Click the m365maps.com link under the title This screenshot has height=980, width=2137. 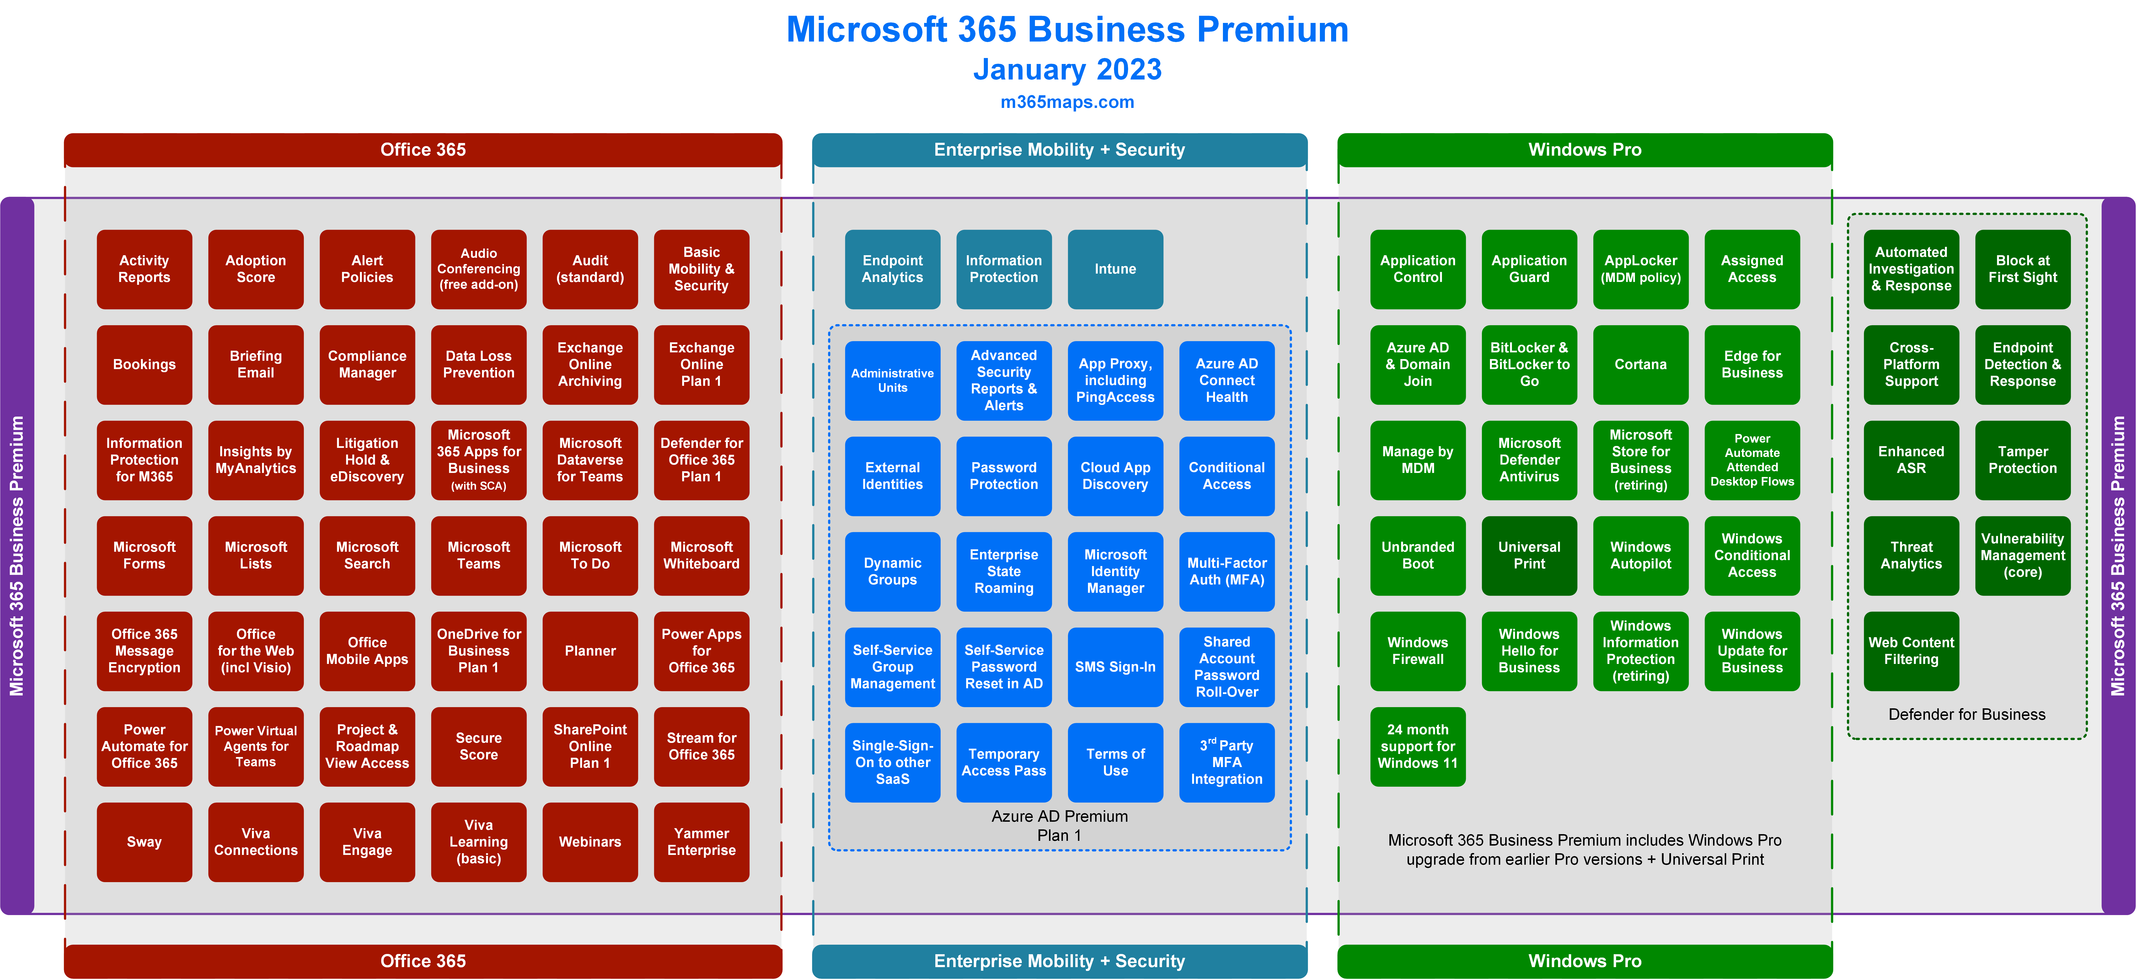1067,102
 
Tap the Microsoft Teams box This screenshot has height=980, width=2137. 479,556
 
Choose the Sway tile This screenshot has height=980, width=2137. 144,842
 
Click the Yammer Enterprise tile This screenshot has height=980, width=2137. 702,842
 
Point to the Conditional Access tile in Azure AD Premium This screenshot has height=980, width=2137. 1227,476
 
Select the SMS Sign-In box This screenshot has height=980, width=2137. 1115,667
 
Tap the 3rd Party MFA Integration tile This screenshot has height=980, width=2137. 1227,762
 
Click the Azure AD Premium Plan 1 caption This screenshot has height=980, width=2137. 1059,826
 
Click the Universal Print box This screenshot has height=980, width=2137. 1529,556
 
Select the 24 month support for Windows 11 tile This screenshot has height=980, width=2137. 1418,746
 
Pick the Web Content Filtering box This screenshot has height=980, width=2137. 1911,651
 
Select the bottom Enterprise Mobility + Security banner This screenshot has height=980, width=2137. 1059,961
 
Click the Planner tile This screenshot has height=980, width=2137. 590,651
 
